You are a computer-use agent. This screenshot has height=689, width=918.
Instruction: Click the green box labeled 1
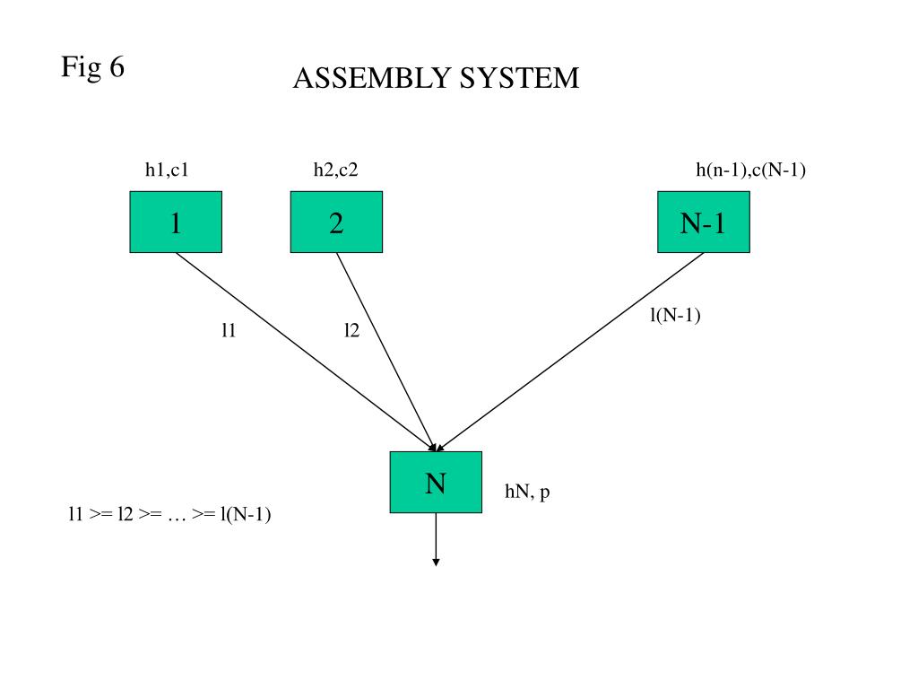click(x=176, y=222)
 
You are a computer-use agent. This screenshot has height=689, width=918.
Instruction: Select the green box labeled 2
click(x=337, y=222)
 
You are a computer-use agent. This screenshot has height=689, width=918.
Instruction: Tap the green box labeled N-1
click(x=704, y=222)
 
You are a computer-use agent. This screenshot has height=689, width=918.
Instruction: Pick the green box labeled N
click(x=437, y=482)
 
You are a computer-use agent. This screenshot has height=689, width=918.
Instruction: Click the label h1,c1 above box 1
click(x=167, y=170)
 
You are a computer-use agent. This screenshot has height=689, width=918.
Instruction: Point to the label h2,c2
click(x=335, y=170)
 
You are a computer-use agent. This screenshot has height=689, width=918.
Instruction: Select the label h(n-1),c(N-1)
click(x=750, y=170)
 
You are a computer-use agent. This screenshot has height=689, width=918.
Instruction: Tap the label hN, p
click(x=527, y=492)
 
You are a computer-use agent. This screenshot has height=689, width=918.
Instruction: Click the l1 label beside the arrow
click(x=229, y=330)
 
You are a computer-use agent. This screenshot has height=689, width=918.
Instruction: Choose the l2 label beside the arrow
click(x=351, y=330)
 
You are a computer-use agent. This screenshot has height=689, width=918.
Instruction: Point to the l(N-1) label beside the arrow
click(x=675, y=315)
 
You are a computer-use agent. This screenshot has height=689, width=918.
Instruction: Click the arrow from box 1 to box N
click(x=307, y=352)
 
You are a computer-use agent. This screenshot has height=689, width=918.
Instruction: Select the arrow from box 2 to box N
click(x=386, y=352)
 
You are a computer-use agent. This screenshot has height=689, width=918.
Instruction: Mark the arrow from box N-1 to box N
click(x=570, y=352)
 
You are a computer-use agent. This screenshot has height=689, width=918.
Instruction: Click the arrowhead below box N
click(x=437, y=563)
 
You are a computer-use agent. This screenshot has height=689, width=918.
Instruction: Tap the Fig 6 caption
click(x=92, y=66)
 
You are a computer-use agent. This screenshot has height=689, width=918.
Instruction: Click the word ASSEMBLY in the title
click(x=371, y=78)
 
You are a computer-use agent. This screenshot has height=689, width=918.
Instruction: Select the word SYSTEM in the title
click(x=519, y=78)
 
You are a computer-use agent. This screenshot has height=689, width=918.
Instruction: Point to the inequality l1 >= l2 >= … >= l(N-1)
click(x=169, y=514)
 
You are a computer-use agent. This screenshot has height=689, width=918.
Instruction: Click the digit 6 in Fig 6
click(x=117, y=66)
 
